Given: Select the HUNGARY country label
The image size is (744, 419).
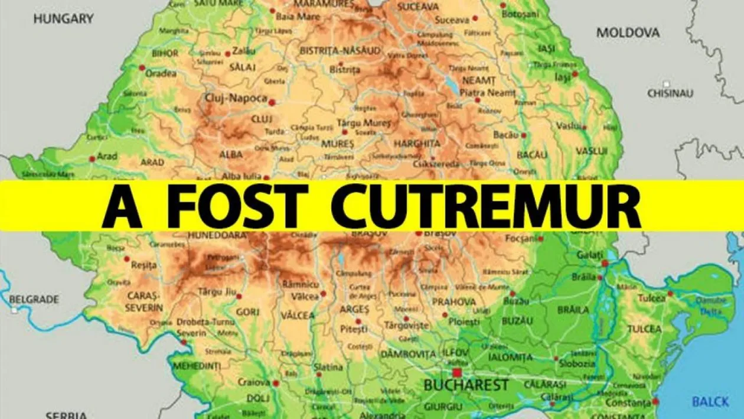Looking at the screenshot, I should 63,18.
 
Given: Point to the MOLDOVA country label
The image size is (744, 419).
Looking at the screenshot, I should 628,33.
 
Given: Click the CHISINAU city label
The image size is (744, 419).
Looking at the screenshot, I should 670,93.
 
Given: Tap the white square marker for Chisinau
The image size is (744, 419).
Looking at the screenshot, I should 667,84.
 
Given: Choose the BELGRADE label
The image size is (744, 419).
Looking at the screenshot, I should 34,300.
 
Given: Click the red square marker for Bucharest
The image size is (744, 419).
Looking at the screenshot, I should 456,372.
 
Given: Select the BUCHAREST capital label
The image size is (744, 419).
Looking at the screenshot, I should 466,385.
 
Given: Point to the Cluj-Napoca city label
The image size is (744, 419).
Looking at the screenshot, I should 236,98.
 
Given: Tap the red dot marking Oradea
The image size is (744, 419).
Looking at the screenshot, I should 142,67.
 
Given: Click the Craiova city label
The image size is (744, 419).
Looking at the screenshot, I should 253,382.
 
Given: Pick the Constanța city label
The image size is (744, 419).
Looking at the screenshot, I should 631,403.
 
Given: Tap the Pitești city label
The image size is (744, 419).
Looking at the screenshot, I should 354,328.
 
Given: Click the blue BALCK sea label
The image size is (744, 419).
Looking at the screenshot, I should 710,402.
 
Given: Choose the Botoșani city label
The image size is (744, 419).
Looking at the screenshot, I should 520,13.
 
